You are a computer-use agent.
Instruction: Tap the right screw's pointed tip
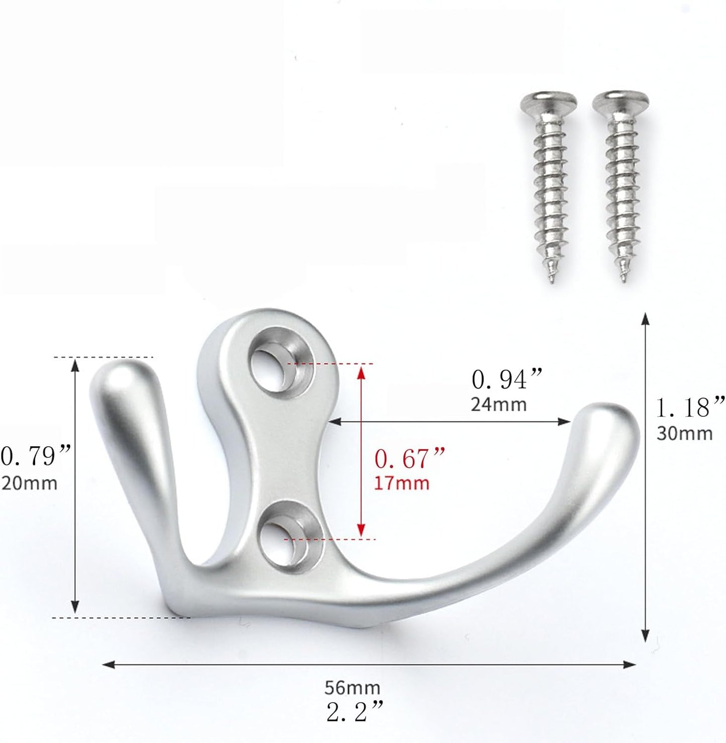(x=623, y=280)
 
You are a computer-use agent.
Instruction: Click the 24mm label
(x=498, y=405)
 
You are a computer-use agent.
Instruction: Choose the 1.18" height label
(x=691, y=407)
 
